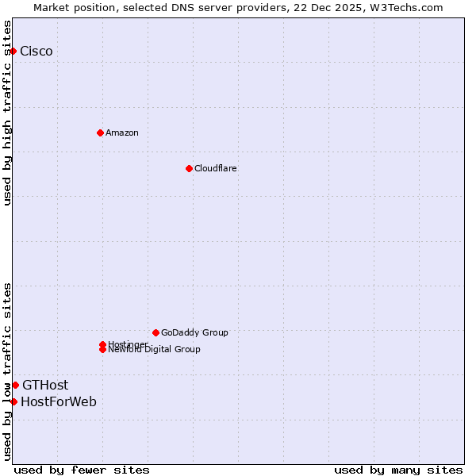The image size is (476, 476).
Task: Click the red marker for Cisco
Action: click(13, 52)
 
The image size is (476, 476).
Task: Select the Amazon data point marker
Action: click(100, 132)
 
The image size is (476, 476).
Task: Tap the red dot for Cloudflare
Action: click(189, 168)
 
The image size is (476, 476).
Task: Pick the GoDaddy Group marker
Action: click(155, 332)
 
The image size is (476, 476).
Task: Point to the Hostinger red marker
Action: click(102, 344)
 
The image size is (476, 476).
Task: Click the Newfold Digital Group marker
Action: click(102, 350)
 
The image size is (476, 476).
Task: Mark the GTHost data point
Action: click(15, 385)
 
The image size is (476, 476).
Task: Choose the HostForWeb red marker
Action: click(13, 401)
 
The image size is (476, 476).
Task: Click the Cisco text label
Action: click(36, 52)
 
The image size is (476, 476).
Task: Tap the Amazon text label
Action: click(122, 132)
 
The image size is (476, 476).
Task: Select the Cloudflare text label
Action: click(216, 168)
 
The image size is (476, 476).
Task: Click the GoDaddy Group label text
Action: click(194, 332)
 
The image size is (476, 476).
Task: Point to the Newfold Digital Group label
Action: click(155, 350)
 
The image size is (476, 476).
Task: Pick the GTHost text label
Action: click(45, 385)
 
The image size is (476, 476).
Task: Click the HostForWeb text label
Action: click(59, 401)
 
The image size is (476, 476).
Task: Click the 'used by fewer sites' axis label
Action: click(82, 470)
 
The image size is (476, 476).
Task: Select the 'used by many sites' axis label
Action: click(398, 470)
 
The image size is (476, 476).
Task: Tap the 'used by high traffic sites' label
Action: click(8, 113)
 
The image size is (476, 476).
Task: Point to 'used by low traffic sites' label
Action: click(8, 371)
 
